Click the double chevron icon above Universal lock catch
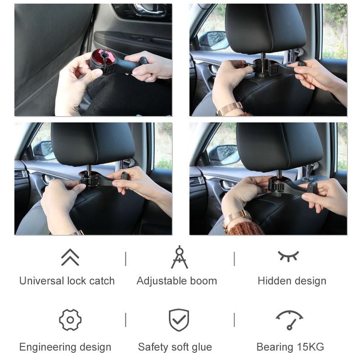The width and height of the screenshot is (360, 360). (70, 257)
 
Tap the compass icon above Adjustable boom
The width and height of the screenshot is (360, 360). (179, 257)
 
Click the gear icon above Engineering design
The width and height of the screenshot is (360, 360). (70, 320)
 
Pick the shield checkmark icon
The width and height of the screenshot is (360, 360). (179, 320)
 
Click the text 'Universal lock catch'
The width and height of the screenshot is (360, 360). (67, 281)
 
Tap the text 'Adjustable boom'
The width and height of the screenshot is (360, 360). (177, 281)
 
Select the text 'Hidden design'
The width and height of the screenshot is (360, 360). (292, 281)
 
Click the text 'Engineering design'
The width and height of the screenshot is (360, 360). (65, 347)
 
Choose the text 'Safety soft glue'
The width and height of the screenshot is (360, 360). (175, 347)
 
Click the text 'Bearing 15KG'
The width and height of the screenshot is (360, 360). (290, 347)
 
